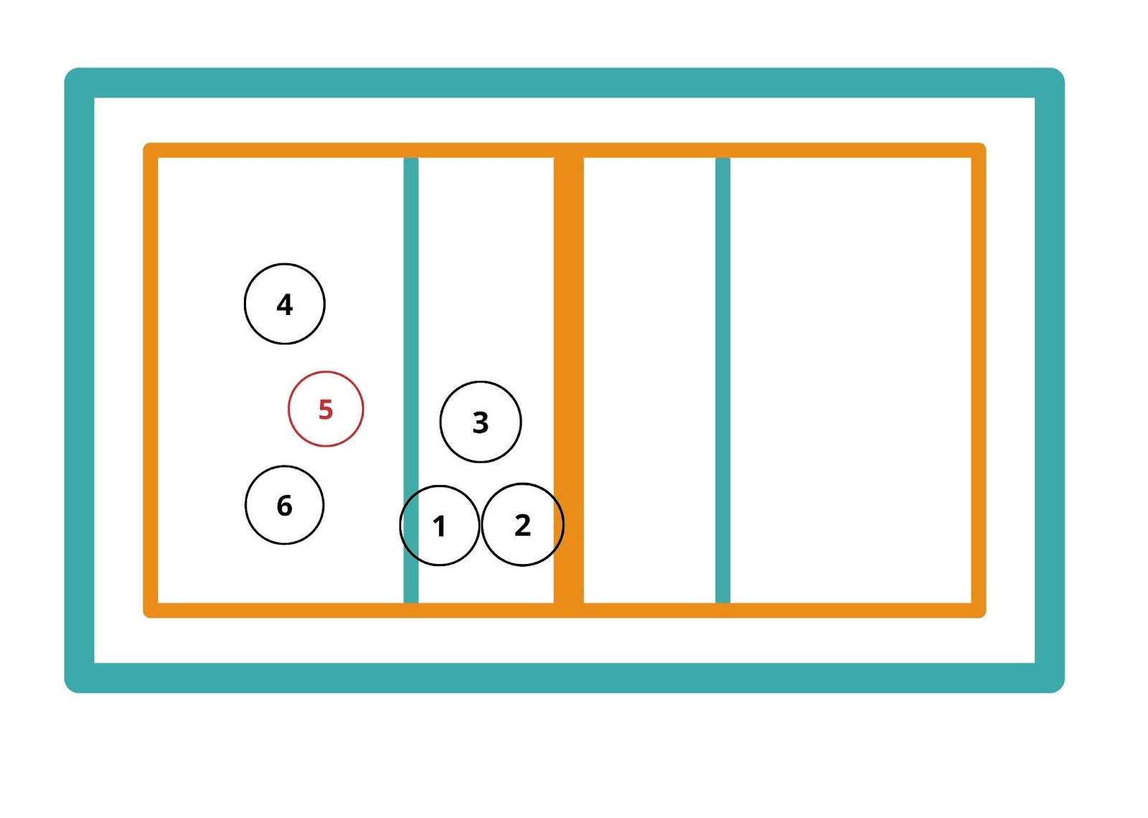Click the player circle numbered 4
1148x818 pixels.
pos(284,304)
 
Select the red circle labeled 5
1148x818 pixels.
pos(326,409)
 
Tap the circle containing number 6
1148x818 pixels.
pos(284,505)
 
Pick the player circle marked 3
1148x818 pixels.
pos(480,422)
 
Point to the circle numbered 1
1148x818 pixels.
pos(439,525)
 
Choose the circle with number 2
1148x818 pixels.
pos(522,525)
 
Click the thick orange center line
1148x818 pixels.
pos(568,323)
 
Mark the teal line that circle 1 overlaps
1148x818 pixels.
pos(411,323)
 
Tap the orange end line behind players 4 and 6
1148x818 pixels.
pos(151,380)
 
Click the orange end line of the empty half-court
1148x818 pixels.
pos(978,380)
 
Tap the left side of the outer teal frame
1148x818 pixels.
pos(79,380)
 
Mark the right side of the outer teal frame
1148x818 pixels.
pos(1049,380)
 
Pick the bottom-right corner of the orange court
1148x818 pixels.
pos(978,610)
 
